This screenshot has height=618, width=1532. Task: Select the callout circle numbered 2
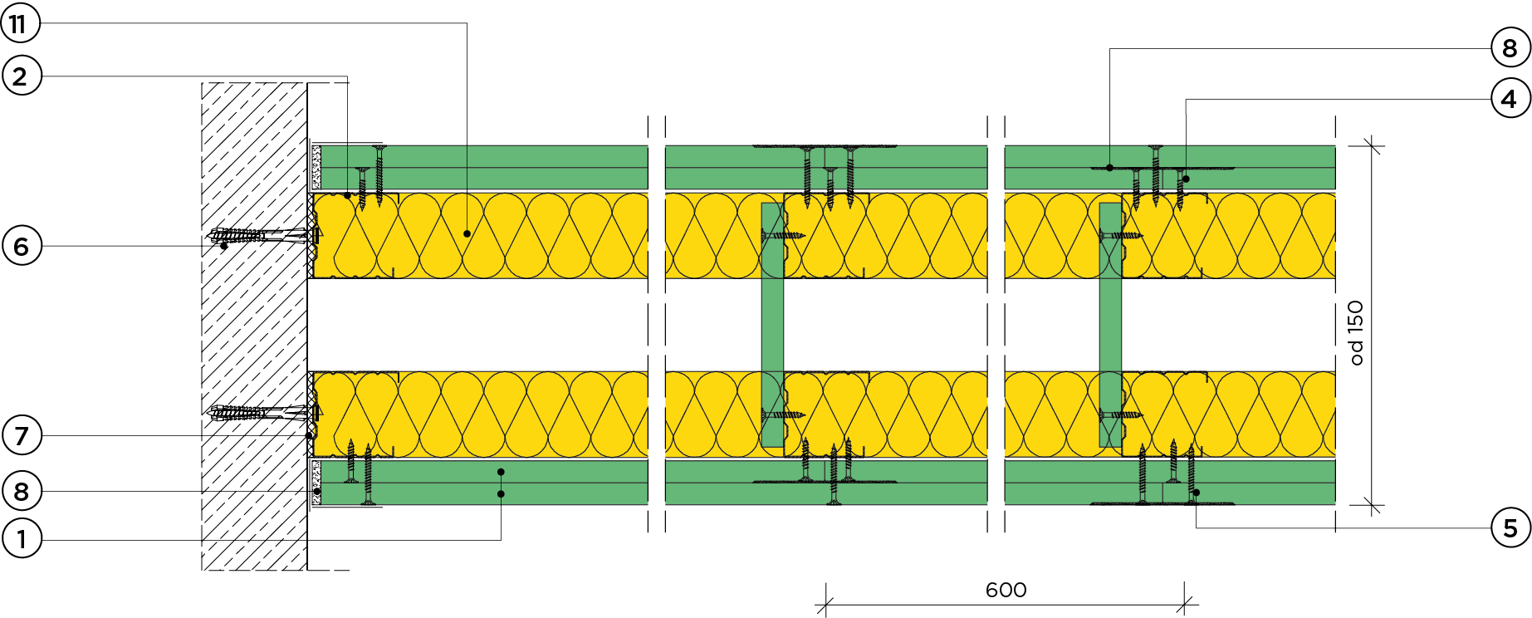[21, 76]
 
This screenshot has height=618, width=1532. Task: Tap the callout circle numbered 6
[22, 246]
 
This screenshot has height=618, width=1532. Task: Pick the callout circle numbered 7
[22, 435]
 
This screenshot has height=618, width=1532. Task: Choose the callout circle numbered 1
[22, 540]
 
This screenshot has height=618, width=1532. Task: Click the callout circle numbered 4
[1510, 100]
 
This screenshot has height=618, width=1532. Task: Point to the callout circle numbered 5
[1510, 528]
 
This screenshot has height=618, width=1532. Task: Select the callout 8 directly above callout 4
[1510, 48]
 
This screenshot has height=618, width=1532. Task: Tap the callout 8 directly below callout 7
[22, 491]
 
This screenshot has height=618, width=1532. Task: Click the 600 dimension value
[1006, 590]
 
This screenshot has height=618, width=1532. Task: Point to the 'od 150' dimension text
[1356, 332]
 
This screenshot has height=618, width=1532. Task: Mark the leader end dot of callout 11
[467, 233]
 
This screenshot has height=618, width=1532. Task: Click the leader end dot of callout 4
[1187, 179]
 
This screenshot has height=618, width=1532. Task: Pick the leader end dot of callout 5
[1197, 493]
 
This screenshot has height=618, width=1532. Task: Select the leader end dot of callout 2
[347, 195]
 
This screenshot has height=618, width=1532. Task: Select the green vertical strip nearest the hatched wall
[772, 325]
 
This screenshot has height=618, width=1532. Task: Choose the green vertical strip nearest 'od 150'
[1110, 325]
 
